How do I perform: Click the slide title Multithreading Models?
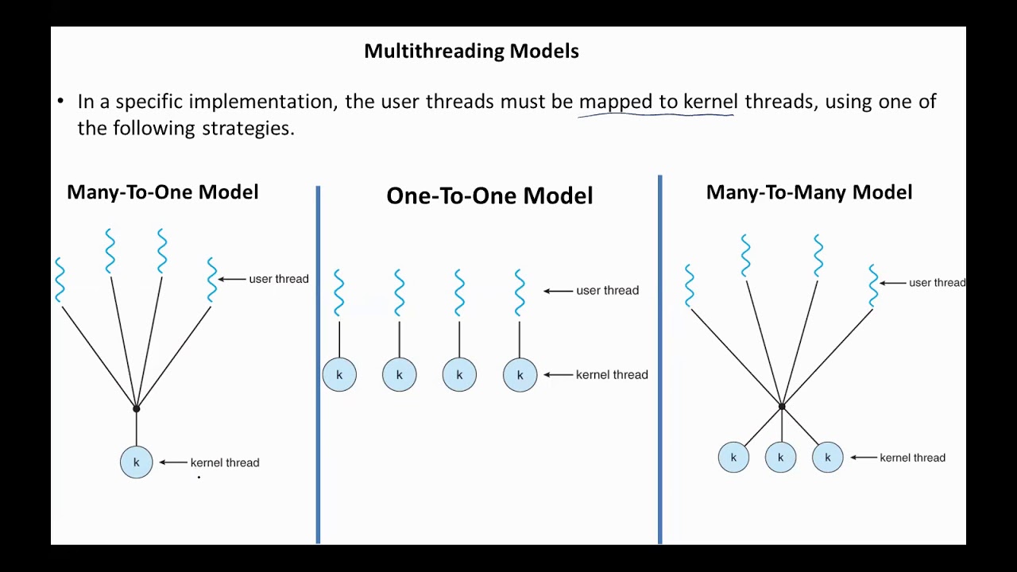(x=471, y=51)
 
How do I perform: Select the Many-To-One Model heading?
(x=162, y=192)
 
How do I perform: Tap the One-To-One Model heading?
(x=489, y=196)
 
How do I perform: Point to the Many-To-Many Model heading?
(x=809, y=192)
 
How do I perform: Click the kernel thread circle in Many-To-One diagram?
(x=137, y=462)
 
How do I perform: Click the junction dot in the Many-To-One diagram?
(x=137, y=408)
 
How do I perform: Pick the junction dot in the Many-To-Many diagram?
(x=782, y=407)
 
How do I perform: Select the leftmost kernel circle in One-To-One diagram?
(x=339, y=375)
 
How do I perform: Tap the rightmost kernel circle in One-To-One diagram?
(x=520, y=375)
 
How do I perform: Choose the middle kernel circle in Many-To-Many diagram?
(x=780, y=458)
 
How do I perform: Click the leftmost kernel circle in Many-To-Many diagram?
(x=733, y=458)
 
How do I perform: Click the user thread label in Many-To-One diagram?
(x=278, y=279)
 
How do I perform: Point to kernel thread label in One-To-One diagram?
(x=612, y=375)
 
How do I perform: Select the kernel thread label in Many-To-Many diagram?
(x=912, y=458)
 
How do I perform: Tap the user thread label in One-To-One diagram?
(x=607, y=291)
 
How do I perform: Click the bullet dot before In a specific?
(x=60, y=102)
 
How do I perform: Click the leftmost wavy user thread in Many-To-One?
(x=60, y=280)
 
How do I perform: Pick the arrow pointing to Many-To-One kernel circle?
(x=172, y=462)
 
